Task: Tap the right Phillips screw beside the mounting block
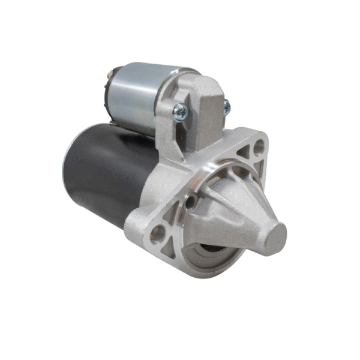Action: (x=226, y=108)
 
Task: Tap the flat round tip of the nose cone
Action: (x=275, y=235)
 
